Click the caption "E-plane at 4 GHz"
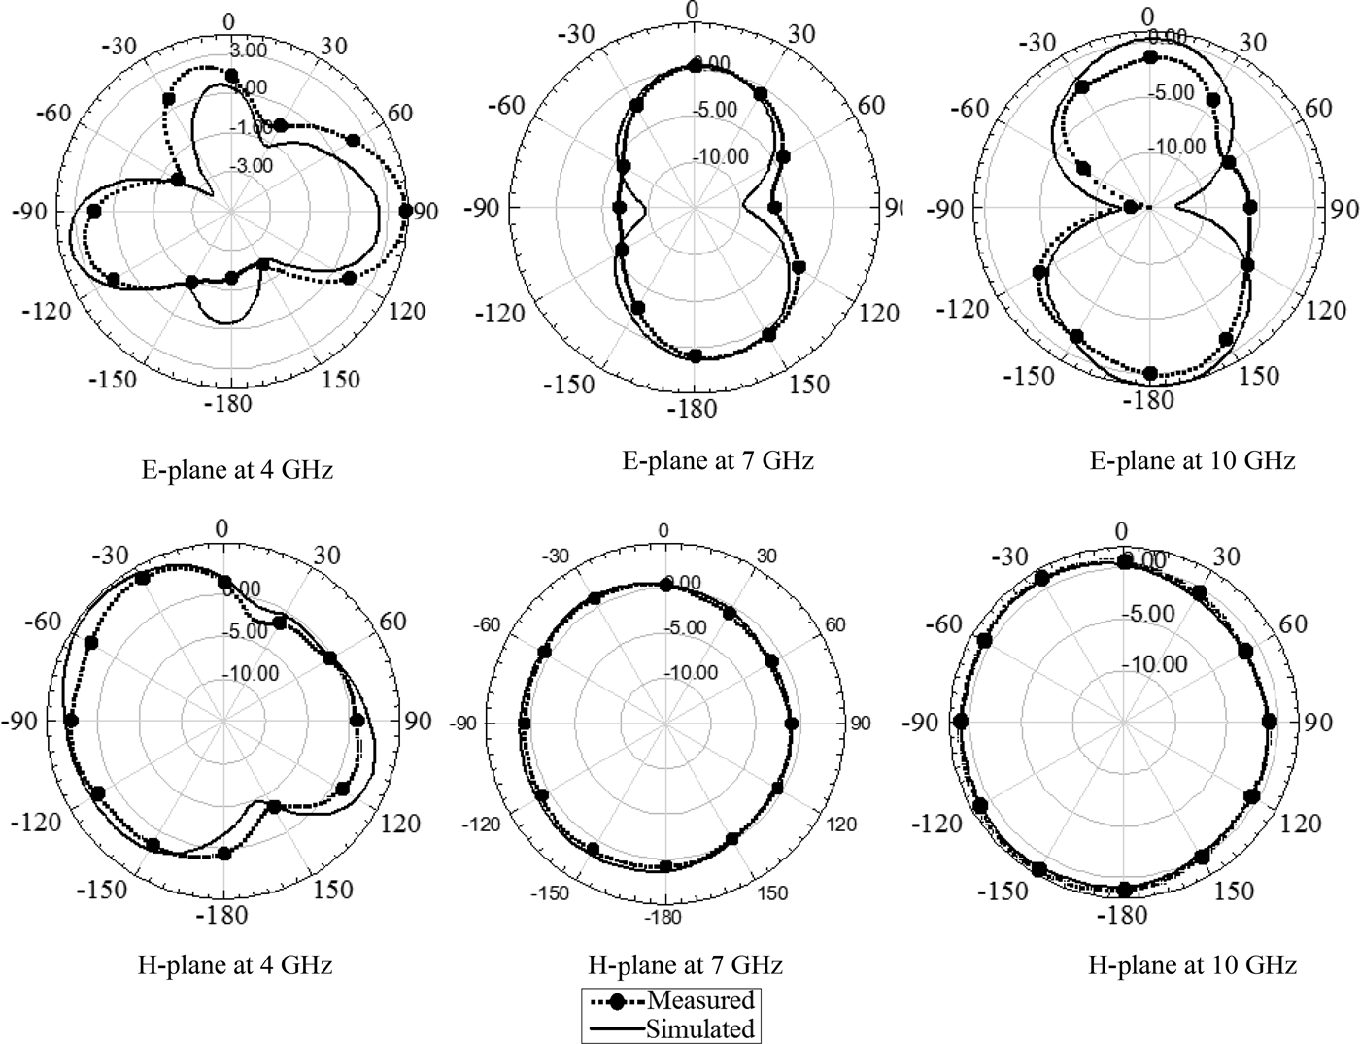tap(237, 471)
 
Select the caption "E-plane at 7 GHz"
tap(717, 460)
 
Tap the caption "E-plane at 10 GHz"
tap(1192, 460)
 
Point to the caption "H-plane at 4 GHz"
tap(235, 965)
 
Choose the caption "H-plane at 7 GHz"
tap(685, 965)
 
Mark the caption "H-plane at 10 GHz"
tap(1192, 965)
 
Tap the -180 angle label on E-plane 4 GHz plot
tap(229, 403)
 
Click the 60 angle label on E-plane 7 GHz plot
tap(872, 106)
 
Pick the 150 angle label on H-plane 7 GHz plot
tap(773, 893)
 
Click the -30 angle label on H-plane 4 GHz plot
tap(113, 556)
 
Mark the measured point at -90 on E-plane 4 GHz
tap(94, 212)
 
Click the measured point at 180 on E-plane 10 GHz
tap(1151, 374)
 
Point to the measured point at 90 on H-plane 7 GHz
tap(791, 724)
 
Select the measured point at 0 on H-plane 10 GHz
tap(1125, 562)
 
